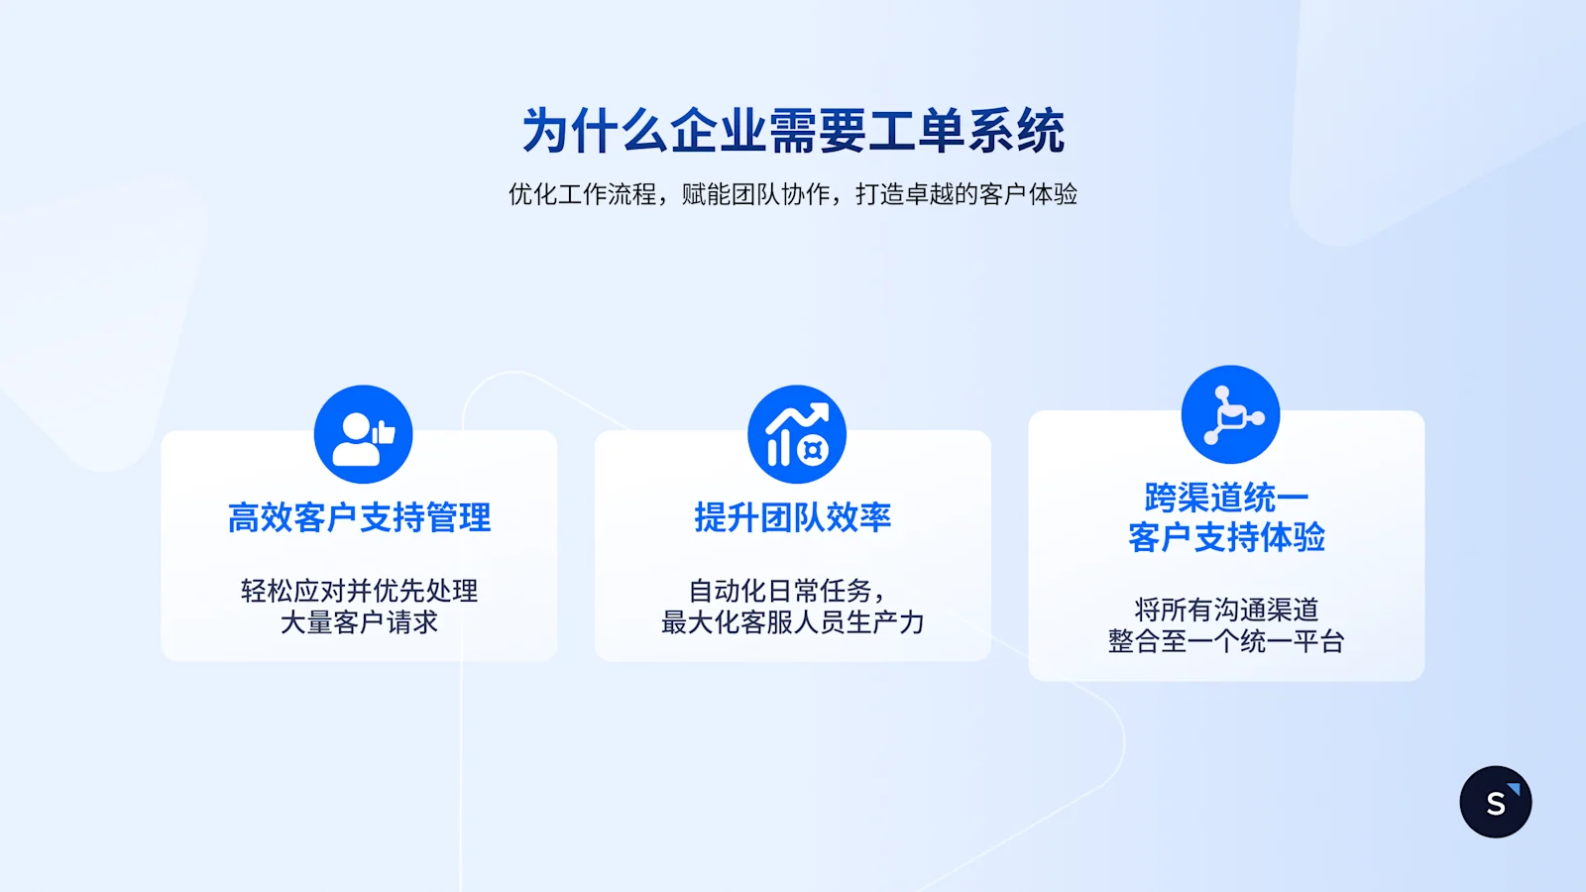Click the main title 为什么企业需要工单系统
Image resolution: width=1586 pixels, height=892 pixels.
pyautogui.click(x=793, y=131)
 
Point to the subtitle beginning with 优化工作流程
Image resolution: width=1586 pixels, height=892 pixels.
pyautogui.click(x=793, y=194)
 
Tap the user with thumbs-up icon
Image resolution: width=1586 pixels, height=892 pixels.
pyautogui.click(x=363, y=434)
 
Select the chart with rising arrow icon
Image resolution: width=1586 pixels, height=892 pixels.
pyautogui.click(x=797, y=434)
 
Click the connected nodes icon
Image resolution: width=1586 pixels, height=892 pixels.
pyautogui.click(x=1230, y=414)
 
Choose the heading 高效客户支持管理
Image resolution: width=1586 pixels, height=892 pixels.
pyautogui.click(x=359, y=517)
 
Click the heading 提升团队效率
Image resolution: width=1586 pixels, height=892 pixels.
pyautogui.click(x=793, y=517)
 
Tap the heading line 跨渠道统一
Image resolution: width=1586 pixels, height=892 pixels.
pyautogui.click(x=1226, y=497)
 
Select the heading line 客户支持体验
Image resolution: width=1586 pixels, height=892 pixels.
pyautogui.click(x=1226, y=537)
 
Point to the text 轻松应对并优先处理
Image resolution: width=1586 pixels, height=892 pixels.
pyautogui.click(x=359, y=591)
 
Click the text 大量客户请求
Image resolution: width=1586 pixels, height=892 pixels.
pyautogui.click(x=359, y=622)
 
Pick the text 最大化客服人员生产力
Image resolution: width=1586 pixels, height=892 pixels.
pyautogui.click(x=793, y=622)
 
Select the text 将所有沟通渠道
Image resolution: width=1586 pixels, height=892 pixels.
pyautogui.click(x=1226, y=610)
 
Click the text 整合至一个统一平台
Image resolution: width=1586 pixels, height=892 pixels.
pyautogui.click(x=1226, y=641)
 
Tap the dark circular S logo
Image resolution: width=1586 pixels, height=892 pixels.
pyautogui.click(x=1496, y=802)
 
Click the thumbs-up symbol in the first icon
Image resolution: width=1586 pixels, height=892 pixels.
pyautogui.click(x=384, y=432)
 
